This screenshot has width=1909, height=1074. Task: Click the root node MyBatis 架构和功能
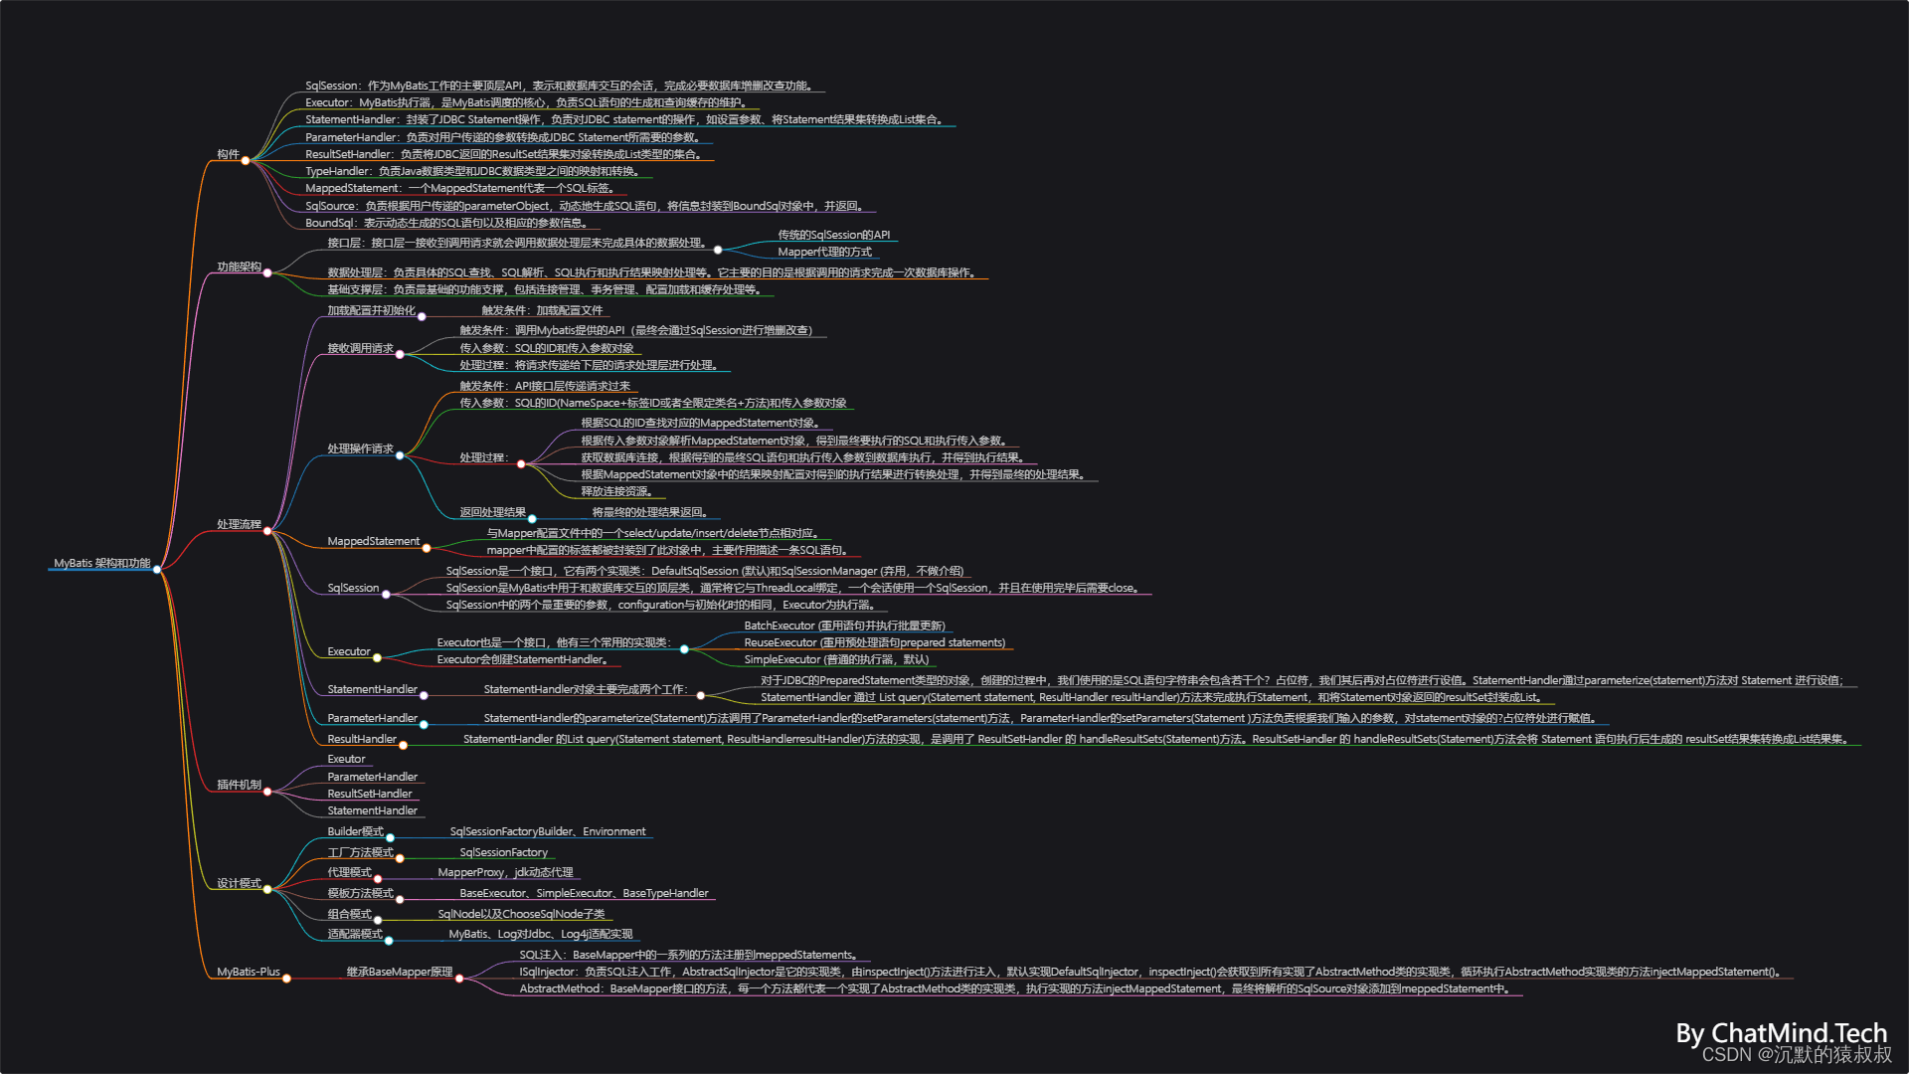pos(101,563)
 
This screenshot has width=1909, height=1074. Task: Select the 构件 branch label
pos(228,154)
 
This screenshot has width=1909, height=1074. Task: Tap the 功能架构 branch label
pos(239,267)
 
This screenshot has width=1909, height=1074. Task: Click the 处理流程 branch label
pos(239,524)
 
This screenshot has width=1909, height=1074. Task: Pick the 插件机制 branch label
pos(239,785)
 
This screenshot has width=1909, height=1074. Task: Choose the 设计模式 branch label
pos(239,883)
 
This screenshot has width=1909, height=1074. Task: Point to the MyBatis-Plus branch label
pos(248,972)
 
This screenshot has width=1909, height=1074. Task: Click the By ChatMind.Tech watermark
pos(1781,1033)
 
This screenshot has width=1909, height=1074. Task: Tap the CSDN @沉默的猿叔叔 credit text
pos(1796,1054)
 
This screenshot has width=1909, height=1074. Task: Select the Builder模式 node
pos(355,831)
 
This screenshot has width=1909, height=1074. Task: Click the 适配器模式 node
pos(355,934)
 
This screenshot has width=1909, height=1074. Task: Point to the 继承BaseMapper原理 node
pos(399,972)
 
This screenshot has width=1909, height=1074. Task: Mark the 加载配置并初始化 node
pos(371,310)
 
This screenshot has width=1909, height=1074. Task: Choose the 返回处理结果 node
pos(492,512)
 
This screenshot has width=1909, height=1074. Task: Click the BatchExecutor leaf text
pos(844,626)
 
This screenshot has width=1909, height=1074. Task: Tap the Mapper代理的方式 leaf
pos(824,252)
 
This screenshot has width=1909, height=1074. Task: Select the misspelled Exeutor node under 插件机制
pos(346,759)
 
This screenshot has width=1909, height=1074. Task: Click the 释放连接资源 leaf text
pos(616,491)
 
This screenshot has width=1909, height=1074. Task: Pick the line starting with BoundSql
pos(446,223)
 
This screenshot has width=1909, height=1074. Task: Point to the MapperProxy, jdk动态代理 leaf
pos(505,872)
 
